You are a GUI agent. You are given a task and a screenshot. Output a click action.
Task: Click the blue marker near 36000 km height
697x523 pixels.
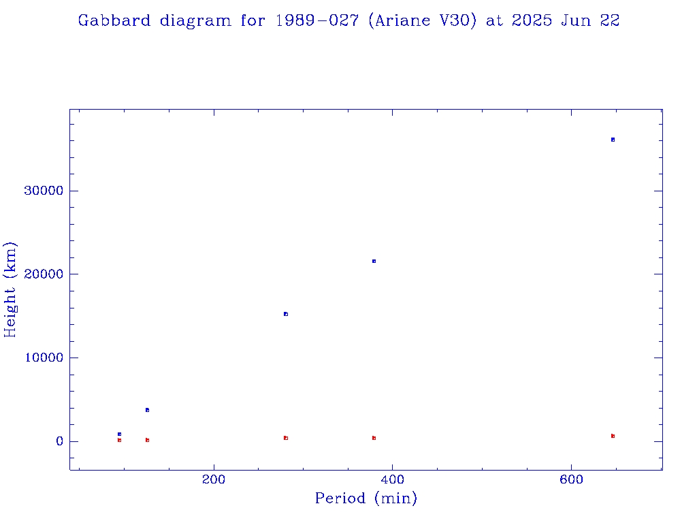coord(613,140)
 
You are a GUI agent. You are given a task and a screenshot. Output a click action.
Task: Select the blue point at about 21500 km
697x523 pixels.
coord(374,261)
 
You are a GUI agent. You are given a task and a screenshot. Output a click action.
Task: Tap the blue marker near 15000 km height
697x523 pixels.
coord(286,314)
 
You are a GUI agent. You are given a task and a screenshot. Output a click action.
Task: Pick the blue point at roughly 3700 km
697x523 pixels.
coord(147,410)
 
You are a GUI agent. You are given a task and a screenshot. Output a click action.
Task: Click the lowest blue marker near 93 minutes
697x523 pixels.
coord(119,434)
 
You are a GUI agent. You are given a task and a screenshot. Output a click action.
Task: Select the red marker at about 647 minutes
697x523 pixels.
coord(613,436)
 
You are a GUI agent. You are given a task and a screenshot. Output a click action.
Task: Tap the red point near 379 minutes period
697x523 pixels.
coord(374,438)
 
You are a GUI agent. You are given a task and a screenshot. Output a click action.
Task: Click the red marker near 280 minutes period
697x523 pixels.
coord(286,438)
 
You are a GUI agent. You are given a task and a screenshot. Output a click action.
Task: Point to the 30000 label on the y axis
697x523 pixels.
coord(43,191)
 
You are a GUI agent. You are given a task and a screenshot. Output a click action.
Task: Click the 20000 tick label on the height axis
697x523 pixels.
coord(43,274)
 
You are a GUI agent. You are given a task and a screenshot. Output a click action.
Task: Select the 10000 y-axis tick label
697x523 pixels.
coord(43,358)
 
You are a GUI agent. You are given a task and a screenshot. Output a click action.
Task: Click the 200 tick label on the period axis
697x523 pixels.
coord(214,479)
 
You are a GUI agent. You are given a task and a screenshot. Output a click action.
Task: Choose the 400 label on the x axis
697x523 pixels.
coord(393,479)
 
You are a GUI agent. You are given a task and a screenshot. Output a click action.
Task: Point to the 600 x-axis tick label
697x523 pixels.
coord(571,479)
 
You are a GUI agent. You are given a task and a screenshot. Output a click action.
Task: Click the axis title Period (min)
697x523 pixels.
coord(366,499)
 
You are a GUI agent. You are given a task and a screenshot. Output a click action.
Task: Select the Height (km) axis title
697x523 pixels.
coord(11,289)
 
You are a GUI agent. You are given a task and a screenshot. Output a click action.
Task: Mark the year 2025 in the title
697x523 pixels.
coord(532,20)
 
